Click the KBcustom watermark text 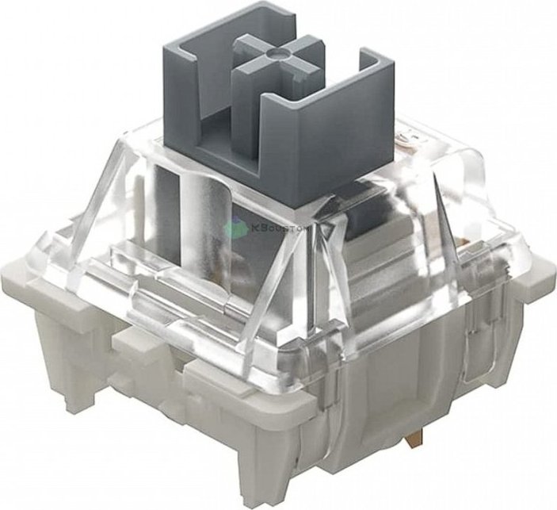point(270,228)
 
